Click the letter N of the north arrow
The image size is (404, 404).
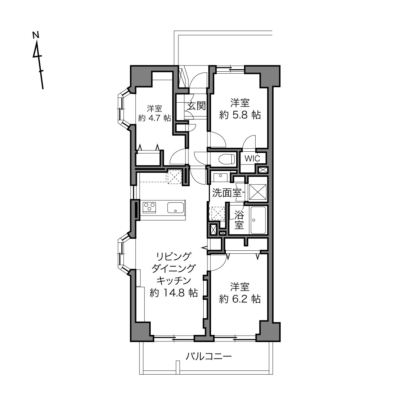pyautogui.click(x=36, y=35)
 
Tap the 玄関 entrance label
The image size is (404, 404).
pyautogui.click(x=196, y=106)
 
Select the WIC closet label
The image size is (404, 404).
pyautogui.click(x=252, y=158)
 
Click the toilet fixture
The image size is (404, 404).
pyautogui.click(x=227, y=159)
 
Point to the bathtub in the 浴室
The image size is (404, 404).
pyautogui.click(x=258, y=220)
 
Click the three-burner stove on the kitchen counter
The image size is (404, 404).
pyautogui.click(x=149, y=207)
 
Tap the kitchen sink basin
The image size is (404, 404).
pyautogui.click(x=176, y=207)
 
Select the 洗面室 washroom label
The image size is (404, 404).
pyautogui.click(x=227, y=193)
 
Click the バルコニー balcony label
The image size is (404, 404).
pyautogui.click(x=208, y=356)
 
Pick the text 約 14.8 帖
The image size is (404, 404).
pyautogui.click(x=174, y=293)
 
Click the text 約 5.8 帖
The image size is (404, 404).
pyautogui.click(x=240, y=115)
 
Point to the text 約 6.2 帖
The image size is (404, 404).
pyautogui.click(x=240, y=299)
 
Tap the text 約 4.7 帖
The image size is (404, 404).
pyautogui.click(x=155, y=118)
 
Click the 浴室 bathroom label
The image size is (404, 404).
pyautogui.click(x=239, y=220)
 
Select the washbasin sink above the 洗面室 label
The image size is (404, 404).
pyautogui.click(x=220, y=177)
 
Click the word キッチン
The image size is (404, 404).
pyautogui.click(x=174, y=280)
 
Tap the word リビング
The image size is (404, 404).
pyautogui.click(x=174, y=256)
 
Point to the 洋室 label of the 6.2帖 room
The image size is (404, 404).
pyautogui.click(x=240, y=287)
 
